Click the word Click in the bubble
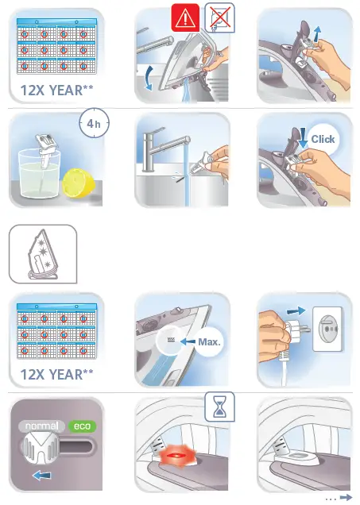tap(323, 139)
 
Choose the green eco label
tap(81, 426)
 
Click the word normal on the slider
tap(41, 426)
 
